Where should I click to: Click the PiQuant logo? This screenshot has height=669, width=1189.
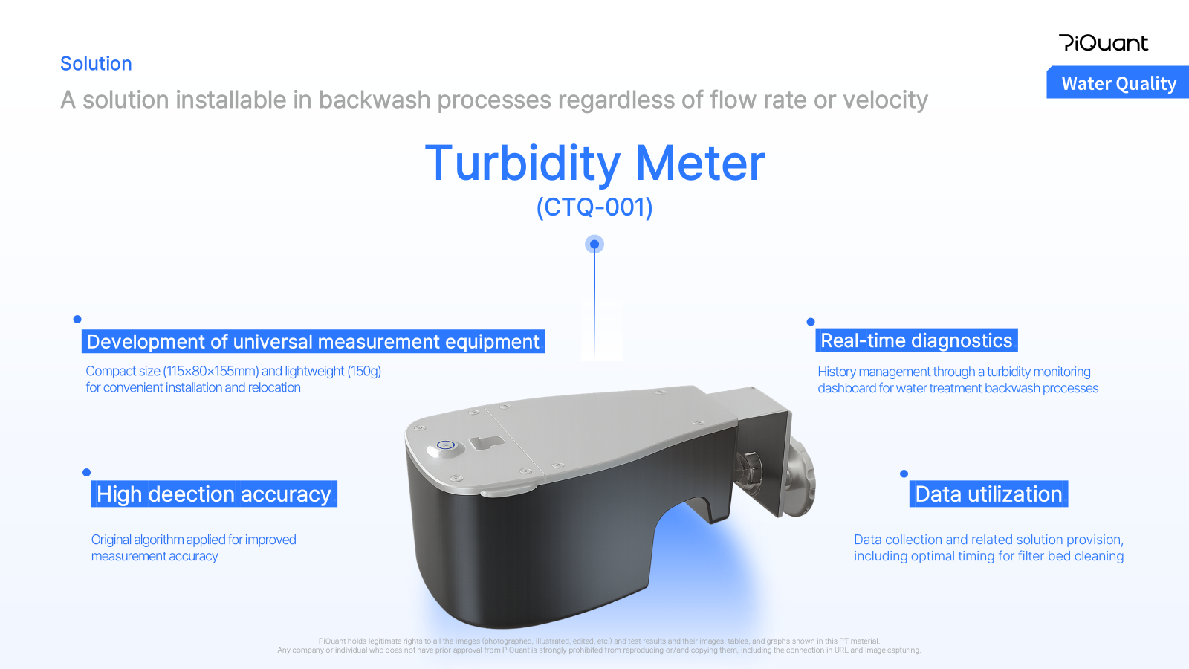pos(1104,43)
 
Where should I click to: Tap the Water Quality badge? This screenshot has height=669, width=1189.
pos(1118,83)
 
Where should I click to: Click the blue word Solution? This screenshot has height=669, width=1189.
pos(96,64)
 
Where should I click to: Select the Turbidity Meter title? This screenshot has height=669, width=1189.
pos(595,163)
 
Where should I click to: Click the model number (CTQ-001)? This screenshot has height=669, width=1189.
pos(594,207)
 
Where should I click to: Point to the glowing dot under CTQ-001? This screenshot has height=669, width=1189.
pos(594,245)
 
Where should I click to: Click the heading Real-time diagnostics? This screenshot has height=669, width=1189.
pos(916,340)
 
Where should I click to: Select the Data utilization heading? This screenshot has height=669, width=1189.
pos(988,494)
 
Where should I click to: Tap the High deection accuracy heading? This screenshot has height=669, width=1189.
pos(214,494)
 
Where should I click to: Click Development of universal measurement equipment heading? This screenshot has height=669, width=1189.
pos(313,341)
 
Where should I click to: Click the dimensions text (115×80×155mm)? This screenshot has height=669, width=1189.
pos(211,371)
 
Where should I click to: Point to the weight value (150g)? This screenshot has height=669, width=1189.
pos(364,371)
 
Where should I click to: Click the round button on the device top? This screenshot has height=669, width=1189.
pos(445,446)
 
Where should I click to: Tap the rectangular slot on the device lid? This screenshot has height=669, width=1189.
pos(487,442)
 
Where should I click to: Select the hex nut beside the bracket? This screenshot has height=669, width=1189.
pos(751,469)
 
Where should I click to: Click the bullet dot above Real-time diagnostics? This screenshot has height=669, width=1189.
pos(811,322)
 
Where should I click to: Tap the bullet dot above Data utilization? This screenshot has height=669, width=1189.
pos(904,474)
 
